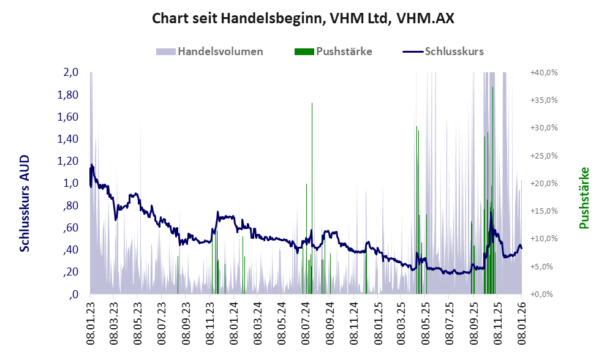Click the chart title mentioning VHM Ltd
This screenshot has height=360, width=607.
[x=303, y=18]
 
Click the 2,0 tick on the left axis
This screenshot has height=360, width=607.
[x=71, y=72]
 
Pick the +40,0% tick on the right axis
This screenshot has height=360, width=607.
[x=544, y=72]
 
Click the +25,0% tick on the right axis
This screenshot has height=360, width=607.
[x=544, y=156]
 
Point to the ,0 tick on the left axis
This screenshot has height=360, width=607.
[x=75, y=294]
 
